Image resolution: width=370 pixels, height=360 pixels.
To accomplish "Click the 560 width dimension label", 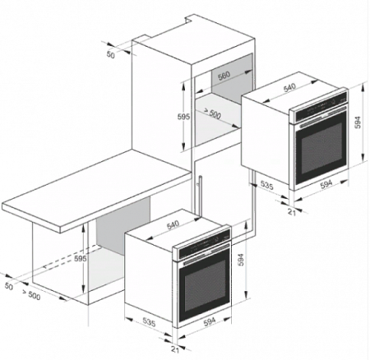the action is [224, 76].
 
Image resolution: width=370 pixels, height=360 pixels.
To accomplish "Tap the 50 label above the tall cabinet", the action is [110, 55].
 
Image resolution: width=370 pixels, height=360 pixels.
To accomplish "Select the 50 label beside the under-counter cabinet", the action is [9, 286].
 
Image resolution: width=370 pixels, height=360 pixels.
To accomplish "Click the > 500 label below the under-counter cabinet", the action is [31, 294].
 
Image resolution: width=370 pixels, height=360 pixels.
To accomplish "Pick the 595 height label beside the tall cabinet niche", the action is [183, 117].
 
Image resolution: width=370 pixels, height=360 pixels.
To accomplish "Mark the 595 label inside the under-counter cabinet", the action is [81, 258].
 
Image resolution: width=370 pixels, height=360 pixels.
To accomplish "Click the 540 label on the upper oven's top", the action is [289, 88].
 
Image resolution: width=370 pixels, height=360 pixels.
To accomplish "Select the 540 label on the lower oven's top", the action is [173, 224].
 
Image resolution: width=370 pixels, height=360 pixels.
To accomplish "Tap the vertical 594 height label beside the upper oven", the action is [358, 122].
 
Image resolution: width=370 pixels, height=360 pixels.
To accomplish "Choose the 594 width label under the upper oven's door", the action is [326, 184].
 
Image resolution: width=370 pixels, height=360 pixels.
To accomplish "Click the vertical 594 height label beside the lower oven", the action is [241, 260].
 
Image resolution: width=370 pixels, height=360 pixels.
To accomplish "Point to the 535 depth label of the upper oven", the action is [266, 185].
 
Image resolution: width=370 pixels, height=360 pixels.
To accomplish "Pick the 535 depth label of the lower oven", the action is [149, 322].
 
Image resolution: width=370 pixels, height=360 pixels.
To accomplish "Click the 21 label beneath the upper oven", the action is [292, 212].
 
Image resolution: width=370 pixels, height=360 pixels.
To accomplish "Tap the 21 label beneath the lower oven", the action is [175, 349].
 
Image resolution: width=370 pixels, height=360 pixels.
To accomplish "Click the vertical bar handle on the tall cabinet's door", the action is [201, 196].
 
